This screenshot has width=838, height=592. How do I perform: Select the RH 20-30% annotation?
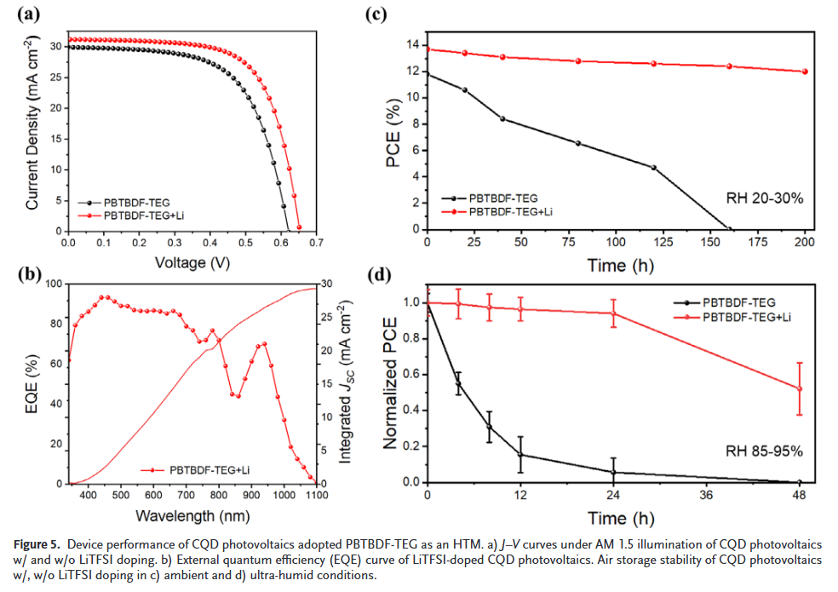764,198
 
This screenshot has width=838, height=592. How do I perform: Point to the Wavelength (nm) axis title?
193,515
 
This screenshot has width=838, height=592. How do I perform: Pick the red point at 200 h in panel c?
805,72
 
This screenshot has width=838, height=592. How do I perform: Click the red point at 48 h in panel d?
800,388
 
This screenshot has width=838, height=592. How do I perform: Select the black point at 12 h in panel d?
520,455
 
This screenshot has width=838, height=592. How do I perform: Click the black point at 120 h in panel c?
654,167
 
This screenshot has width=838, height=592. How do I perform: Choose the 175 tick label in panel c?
767,242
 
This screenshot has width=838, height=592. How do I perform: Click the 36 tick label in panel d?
706,495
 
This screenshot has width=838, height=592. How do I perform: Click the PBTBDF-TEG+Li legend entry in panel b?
209,469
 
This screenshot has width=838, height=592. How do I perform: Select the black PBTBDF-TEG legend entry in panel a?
136,203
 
